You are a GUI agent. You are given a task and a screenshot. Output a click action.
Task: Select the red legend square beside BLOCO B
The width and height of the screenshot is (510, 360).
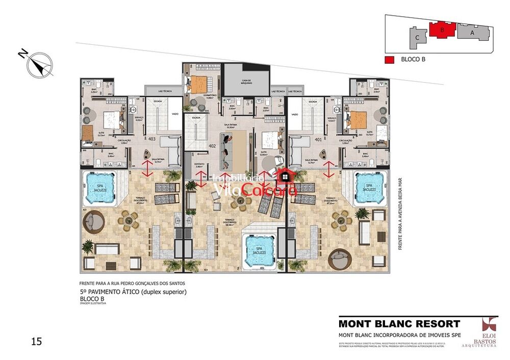click(x=389, y=60)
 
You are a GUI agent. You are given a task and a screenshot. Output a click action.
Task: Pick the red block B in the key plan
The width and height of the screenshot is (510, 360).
click(x=442, y=30)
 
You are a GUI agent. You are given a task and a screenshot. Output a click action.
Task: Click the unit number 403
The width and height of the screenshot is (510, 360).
click(x=151, y=139)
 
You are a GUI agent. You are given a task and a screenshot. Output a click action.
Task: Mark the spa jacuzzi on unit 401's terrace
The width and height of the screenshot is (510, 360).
click(x=368, y=188)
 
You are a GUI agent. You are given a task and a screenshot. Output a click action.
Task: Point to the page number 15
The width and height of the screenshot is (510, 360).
click(x=36, y=341)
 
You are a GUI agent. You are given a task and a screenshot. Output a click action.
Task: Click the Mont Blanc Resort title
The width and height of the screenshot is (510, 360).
click(x=399, y=323)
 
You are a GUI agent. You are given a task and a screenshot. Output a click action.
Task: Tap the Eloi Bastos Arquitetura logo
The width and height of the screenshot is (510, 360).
click(x=489, y=332)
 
